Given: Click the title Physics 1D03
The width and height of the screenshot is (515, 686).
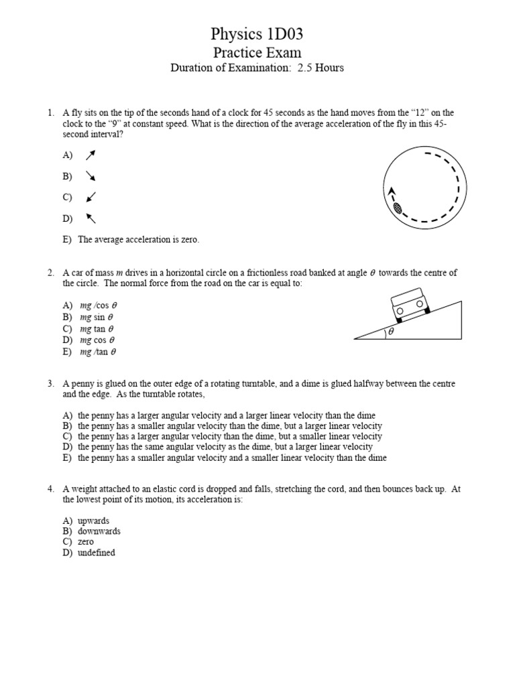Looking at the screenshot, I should pyautogui.click(x=257, y=34).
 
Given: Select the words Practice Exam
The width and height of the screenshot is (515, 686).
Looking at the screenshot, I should pyautogui.click(x=257, y=53).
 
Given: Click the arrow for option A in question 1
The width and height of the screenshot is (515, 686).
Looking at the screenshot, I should pyautogui.click(x=91, y=155).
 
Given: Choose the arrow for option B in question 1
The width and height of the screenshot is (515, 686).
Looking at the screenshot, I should pyautogui.click(x=91, y=176).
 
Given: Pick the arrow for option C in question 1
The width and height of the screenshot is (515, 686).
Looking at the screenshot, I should pyautogui.click(x=91, y=197).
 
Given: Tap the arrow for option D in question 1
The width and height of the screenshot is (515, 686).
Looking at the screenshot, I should pyautogui.click(x=91, y=218).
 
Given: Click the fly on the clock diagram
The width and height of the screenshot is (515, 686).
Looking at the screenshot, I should pyautogui.click(x=397, y=208).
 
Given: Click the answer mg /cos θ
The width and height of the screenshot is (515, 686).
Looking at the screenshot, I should pyautogui.click(x=98, y=305).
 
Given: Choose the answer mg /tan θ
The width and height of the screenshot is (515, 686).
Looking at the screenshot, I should pyautogui.click(x=98, y=351).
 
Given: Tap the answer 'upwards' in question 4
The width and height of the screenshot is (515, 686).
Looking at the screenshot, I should pyautogui.click(x=93, y=521).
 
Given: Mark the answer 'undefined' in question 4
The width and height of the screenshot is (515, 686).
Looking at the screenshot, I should pyautogui.click(x=96, y=553).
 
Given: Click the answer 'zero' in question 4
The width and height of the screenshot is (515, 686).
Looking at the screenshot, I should pyautogui.click(x=86, y=542).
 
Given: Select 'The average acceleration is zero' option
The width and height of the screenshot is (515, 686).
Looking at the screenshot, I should pyautogui.click(x=138, y=239).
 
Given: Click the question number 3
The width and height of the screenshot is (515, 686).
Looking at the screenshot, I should pyautogui.click(x=50, y=384).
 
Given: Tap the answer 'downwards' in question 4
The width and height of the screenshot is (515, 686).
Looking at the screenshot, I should pyautogui.click(x=99, y=531).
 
